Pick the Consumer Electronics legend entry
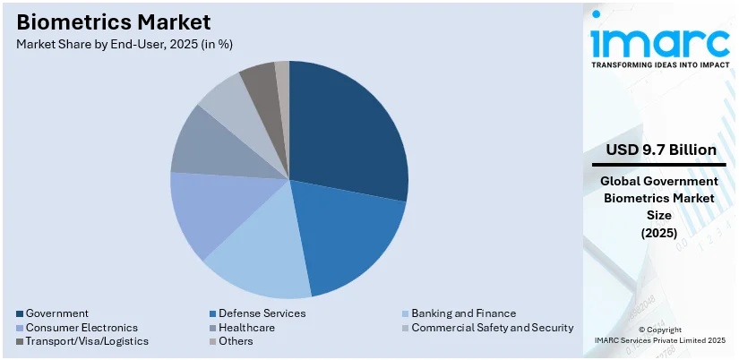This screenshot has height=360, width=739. (82, 328)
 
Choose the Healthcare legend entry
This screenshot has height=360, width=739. (245, 328)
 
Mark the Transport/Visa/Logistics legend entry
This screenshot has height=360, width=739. (87, 341)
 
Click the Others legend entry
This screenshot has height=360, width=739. (237, 341)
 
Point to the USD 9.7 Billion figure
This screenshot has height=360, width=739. (659, 150)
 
